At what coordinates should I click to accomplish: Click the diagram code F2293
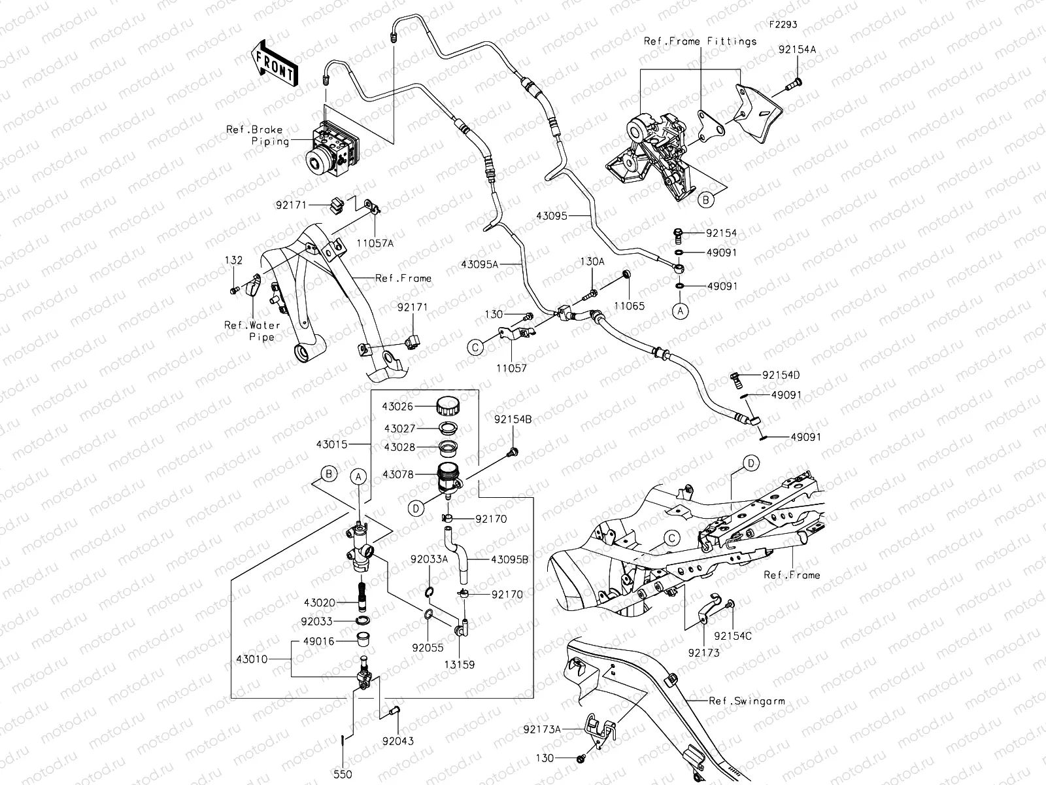[x=783, y=24]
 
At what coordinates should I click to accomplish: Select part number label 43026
[x=397, y=407]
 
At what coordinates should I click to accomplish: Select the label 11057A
[x=375, y=243]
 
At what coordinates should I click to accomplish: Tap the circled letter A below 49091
[x=681, y=311]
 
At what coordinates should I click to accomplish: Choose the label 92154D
[x=781, y=375]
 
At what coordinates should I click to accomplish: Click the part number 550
[x=343, y=774]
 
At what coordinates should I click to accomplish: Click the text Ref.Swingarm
[x=747, y=701]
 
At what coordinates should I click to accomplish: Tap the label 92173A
[x=542, y=728]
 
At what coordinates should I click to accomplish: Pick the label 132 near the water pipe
[x=233, y=260]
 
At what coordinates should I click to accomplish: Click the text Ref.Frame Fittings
[x=700, y=41]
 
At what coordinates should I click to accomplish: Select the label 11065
[x=630, y=305]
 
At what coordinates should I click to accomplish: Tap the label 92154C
[x=733, y=635]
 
